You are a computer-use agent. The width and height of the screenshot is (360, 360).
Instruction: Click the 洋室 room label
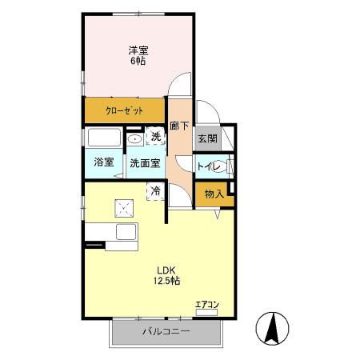138,50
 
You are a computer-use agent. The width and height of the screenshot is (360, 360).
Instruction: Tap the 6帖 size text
138,62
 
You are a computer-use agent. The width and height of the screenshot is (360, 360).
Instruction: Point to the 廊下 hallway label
179,126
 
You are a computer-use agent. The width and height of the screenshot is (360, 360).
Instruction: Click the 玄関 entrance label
206,138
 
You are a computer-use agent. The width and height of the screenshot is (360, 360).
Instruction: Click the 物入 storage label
213,194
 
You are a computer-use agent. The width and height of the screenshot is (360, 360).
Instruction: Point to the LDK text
166,269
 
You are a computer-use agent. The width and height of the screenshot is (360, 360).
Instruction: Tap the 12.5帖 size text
166,282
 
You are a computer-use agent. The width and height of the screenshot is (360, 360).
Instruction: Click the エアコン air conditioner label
206,303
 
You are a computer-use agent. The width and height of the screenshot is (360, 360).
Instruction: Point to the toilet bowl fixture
230,166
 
